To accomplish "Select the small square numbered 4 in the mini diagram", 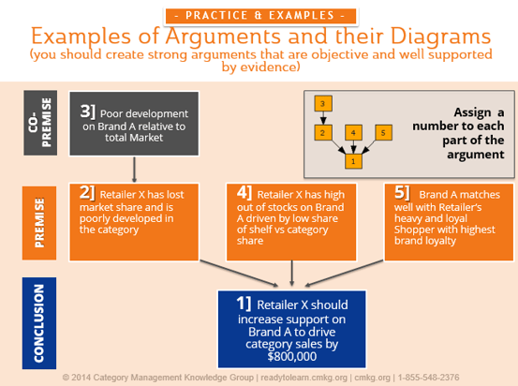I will pyautogui.click(x=352, y=133).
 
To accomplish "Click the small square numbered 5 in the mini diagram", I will pyautogui.click(x=382, y=133).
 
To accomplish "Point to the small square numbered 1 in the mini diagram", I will pyautogui.click(x=352, y=161).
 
